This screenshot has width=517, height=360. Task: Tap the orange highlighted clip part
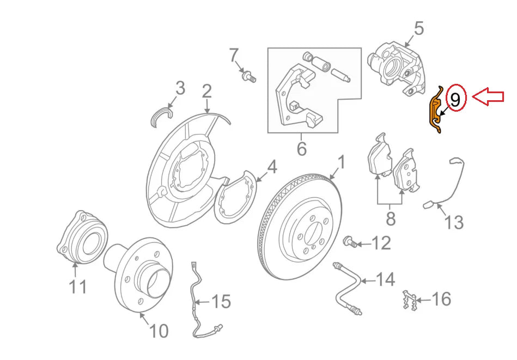435,112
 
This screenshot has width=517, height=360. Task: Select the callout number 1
342,162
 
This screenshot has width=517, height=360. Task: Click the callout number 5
418,28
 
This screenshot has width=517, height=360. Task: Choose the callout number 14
385,280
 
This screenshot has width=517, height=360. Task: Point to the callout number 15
221,301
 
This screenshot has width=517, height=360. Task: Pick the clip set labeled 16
410,300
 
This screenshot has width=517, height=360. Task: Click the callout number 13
453,222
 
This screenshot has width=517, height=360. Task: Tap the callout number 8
390,219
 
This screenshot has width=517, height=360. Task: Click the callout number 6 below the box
301,148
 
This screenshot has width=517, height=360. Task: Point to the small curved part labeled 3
161,115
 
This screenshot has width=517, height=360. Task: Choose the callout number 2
206,91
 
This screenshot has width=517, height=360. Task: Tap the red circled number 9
457,99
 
